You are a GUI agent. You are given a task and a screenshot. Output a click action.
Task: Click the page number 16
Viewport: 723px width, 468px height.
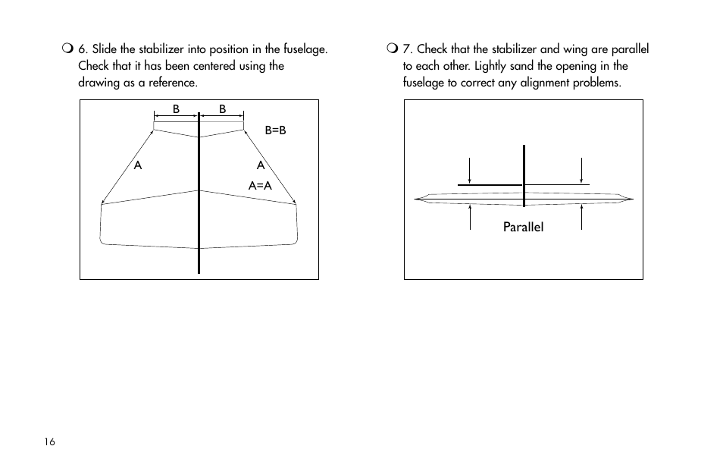click(x=49, y=443)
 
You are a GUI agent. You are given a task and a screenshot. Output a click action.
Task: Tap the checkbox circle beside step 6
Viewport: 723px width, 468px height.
click(x=67, y=50)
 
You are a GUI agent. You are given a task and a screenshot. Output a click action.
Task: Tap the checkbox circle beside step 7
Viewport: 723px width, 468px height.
click(x=391, y=50)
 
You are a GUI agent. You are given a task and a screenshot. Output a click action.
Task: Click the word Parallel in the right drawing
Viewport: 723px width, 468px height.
click(x=524, y=227)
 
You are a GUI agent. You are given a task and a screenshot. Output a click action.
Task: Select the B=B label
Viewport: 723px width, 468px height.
click(x=275, y=130)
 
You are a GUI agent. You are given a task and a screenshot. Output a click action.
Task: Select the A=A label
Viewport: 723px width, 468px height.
click(x=260, y=185)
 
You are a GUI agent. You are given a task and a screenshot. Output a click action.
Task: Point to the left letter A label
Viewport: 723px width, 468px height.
click(x=138, y=165)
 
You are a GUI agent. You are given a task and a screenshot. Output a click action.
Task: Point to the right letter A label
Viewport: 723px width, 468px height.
click(x=260, y=165)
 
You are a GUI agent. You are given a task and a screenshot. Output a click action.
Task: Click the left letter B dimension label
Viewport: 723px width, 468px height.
click(x=176, y=109)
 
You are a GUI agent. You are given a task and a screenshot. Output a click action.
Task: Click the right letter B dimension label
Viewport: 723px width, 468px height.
click(x=223, y=109)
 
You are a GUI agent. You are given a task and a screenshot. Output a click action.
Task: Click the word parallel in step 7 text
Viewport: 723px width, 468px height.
click(x=630, y=50)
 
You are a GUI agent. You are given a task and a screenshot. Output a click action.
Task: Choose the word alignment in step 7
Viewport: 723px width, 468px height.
click(x=542, y=82)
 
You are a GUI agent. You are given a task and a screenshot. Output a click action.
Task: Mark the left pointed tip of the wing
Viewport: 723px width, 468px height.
click(x=415, y=199)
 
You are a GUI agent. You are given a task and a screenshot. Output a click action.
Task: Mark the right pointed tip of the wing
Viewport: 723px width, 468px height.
click(x=632, y=199)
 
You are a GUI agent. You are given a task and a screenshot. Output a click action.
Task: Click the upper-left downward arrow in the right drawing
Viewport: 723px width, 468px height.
click(x=470, y=170)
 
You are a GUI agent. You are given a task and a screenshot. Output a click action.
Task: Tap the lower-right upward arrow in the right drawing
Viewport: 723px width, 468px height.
click(x=581, y=218)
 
